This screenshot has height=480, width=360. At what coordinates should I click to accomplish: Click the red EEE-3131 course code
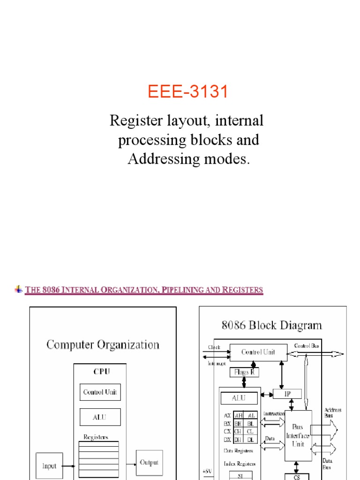[x=188, y=92]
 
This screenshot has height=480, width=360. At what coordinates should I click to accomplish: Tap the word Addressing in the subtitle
[x=161, y=159]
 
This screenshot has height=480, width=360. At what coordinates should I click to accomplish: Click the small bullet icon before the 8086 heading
[x=19, y=289]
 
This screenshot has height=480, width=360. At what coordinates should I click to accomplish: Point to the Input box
[x=49, y=466]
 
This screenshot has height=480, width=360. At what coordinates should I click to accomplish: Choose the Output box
[x=150, y=463]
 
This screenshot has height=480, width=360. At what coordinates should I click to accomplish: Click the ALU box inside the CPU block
[x=100, y=417]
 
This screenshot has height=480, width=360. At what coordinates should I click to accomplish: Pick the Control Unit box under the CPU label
[x=100, y=392]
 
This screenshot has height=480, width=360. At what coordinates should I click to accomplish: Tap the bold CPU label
[x=102, y=371]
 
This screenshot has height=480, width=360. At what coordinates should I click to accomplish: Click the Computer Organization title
[x=103, y=345]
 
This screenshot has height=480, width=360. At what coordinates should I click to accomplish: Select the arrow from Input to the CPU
[x=68, y=466]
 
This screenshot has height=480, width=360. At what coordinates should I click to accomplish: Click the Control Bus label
[x=307, y=346]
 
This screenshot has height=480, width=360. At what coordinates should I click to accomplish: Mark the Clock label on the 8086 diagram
[x=214, y=347]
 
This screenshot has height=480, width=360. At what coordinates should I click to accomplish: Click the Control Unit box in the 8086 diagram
[x=257, y=352]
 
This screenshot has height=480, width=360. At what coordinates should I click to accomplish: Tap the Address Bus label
[x=332, y=412]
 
